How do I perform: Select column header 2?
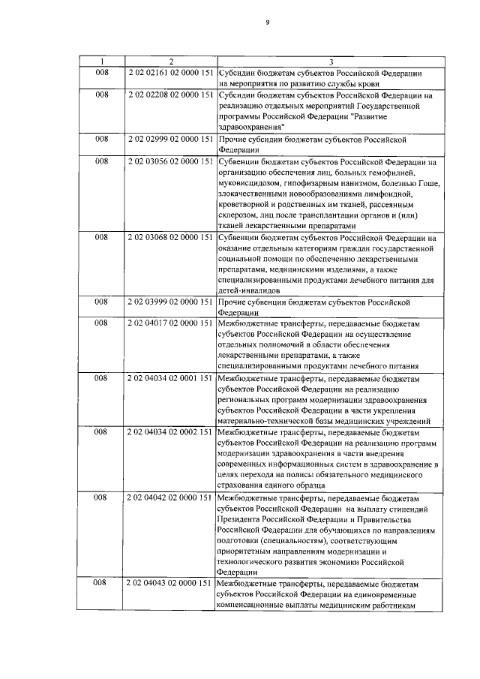(x=171, y=60)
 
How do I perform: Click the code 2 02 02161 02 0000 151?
(x=171, y=72)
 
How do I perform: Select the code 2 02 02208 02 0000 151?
(x=171, y=95)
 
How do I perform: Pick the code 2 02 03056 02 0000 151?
(x=171, y=161)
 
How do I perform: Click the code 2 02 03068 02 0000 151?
(x=171, y=238)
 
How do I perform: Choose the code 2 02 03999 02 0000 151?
(x=171, y=302)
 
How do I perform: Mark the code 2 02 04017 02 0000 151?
(x=171, y=323)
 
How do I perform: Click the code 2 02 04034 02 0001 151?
(x=171, y=378)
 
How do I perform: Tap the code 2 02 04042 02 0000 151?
(x=171, y=497)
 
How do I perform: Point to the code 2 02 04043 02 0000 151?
(x=171, y=583)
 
